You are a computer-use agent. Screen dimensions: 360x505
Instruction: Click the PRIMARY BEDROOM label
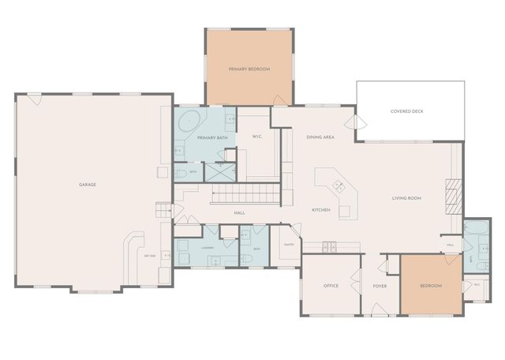tap(249, 69)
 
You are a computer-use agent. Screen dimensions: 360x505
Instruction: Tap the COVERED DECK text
tap(406, 111)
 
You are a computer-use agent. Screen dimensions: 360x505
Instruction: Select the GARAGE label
tap(87, 184)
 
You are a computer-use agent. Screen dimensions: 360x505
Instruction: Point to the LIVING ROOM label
tap(406, 197)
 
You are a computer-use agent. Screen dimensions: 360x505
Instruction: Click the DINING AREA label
tap(320, 137)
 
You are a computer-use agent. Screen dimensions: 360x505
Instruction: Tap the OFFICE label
tap(331, 285)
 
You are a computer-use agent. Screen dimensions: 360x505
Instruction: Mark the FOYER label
tap(380, 285)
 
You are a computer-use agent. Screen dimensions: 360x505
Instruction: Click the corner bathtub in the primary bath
tap(188, 122)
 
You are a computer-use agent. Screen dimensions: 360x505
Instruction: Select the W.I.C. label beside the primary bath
tap(257, 137)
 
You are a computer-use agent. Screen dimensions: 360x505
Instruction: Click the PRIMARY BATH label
tap(212, 138)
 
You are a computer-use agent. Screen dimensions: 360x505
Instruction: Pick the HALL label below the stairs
tap(240, 213)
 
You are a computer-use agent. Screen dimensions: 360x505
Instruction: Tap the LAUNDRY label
tap(208, 247)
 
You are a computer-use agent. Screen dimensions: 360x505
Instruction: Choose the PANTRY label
tap(289, 244)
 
